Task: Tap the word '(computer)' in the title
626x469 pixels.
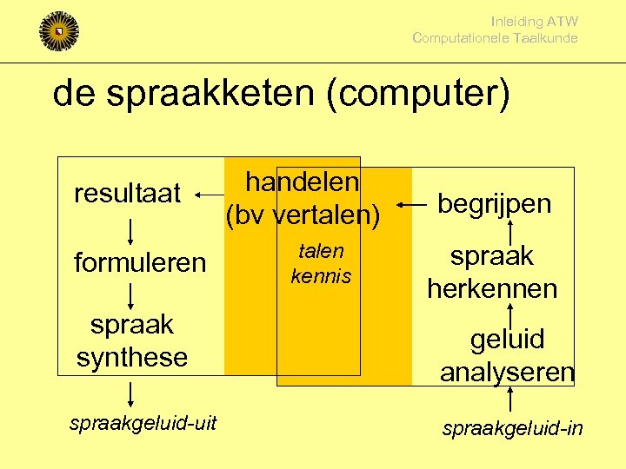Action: pos(418,94)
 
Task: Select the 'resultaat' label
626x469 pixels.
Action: pos(127,193)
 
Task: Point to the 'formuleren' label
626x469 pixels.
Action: pos(140,261)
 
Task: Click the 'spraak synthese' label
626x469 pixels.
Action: pos(132,340)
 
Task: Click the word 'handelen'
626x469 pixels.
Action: pos(302,182)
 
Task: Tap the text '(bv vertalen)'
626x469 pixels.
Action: pos(303,215)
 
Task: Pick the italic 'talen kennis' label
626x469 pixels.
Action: pos(321,264)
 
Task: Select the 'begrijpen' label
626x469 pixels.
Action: pos(494,203)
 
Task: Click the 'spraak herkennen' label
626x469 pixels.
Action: pos(492,272)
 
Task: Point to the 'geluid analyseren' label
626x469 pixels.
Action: pos(507,354)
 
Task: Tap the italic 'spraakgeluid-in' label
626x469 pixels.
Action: pos(513,428)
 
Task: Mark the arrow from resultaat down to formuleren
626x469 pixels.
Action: pos(130,231)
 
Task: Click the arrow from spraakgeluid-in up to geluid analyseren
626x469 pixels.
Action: pos(510,401)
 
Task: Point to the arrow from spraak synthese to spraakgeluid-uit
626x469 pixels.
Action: pos(130,393)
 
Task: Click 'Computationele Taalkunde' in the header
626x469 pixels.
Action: pos(495,38)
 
